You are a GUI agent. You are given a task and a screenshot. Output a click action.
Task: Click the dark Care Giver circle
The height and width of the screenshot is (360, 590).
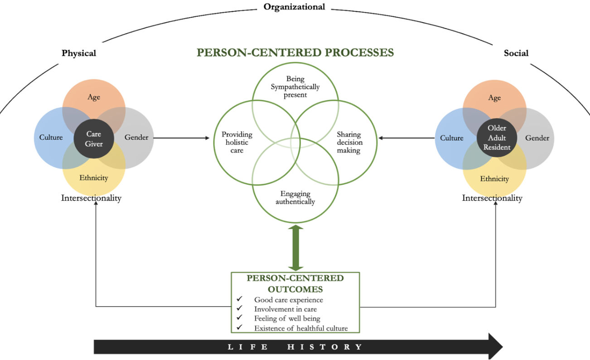94,139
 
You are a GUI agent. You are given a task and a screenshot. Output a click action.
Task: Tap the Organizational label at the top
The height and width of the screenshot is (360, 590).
294,7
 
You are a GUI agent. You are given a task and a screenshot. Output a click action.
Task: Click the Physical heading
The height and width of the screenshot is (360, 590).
79,53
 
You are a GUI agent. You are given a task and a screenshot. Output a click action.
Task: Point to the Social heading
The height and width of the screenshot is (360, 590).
516,53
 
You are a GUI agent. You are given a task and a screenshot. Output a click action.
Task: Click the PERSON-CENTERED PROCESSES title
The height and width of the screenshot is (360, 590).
295,53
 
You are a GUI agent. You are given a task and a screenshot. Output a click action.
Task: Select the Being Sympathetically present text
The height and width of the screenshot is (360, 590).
295,87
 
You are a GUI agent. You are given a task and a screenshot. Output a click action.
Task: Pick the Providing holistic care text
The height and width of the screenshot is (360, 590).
237,142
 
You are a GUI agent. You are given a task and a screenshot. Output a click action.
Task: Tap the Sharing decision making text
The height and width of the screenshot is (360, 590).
349,142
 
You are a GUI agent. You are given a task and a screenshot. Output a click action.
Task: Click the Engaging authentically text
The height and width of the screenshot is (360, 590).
295,197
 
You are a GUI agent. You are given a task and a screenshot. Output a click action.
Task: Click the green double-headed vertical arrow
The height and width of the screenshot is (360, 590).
295,248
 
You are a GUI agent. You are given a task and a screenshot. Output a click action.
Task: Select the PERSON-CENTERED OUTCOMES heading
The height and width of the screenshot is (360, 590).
295,283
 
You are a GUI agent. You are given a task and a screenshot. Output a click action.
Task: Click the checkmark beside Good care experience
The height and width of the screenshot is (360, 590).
240,299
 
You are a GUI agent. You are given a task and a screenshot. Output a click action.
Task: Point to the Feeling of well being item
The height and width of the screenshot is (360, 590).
287,318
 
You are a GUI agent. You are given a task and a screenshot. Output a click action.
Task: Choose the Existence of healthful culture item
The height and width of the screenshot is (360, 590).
301,328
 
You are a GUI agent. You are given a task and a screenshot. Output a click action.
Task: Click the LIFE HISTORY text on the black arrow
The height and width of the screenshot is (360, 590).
295,347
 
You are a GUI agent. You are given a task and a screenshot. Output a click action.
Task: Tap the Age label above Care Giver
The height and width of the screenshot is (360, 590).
94,97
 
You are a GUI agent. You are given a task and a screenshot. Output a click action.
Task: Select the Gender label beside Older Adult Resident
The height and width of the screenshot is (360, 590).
537,138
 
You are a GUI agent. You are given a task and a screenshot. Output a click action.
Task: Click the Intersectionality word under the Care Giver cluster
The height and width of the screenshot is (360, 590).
92,198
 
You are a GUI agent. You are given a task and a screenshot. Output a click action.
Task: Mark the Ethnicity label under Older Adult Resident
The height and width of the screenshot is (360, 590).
494,179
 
